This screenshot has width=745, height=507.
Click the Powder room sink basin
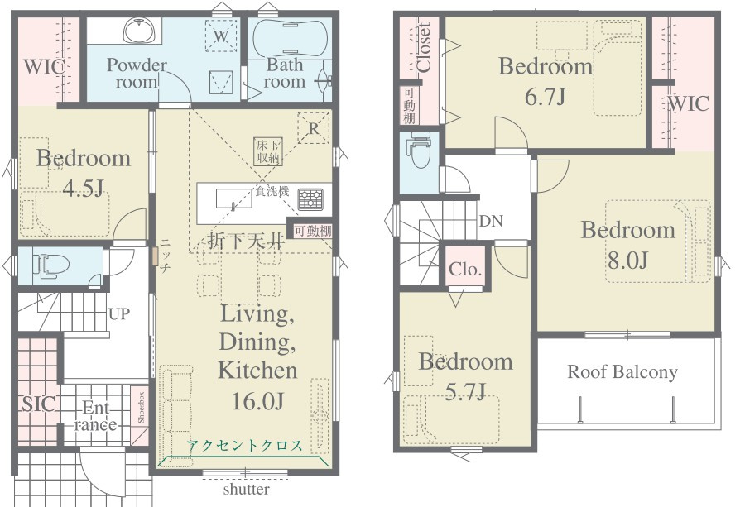point(139,31)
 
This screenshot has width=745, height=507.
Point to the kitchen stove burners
point(310,199)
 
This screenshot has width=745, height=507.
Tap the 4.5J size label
point(83,189)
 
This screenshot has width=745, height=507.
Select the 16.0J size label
point(257,400)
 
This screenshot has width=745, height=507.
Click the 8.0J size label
point(627,260)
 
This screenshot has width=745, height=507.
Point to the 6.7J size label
point(545,97)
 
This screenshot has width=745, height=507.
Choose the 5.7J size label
point(465,391)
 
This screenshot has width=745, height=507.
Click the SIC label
point(39,404)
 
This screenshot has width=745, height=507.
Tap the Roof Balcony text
point(622,371)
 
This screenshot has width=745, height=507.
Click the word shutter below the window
point(246,489)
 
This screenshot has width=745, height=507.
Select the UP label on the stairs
point(118,313)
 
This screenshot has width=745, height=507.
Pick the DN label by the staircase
point(491,221)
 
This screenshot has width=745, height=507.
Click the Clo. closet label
point(465,269)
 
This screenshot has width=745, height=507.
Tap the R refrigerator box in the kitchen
point(314,128)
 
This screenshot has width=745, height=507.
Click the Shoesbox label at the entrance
point(141,407)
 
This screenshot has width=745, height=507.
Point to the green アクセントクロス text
point(244,446)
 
